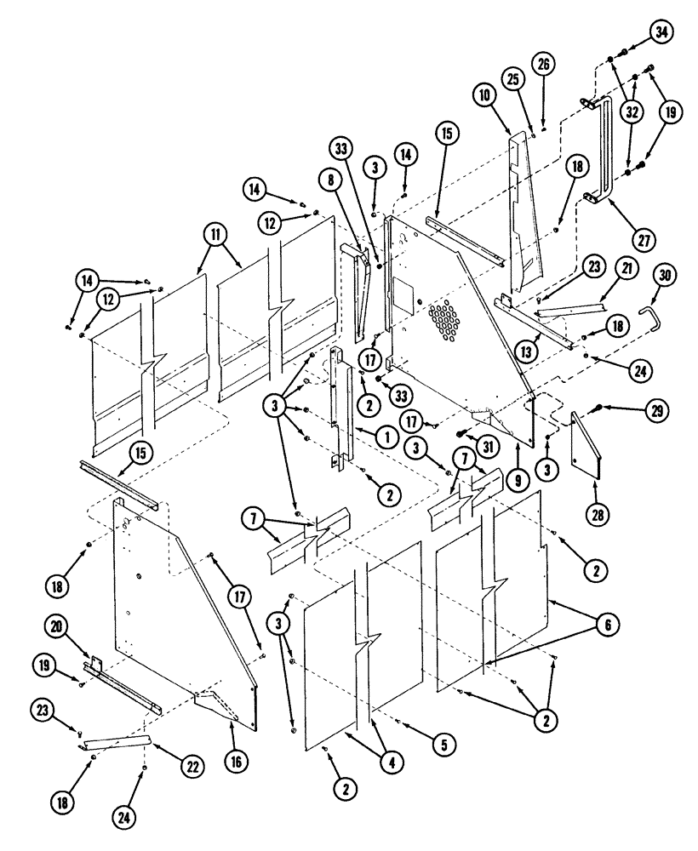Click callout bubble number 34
click(x=661, y=32)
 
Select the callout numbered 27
click(x=644, y=239)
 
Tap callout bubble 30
click(x=665, y=274)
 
